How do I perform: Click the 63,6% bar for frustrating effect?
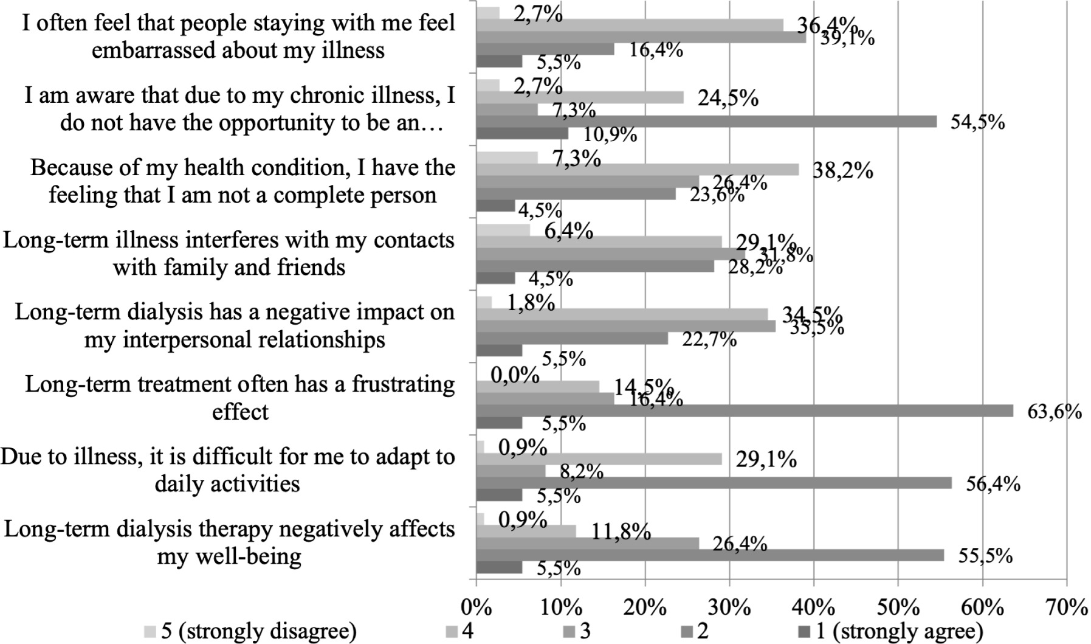744,410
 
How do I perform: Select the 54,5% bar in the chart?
706,122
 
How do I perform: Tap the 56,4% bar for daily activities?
714,483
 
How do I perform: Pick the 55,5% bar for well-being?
710,555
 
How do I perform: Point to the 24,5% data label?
728,98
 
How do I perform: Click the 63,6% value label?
1054,412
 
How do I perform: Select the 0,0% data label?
515,375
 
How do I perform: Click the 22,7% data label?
709,339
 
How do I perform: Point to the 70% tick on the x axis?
1067,608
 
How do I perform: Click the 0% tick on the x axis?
476,608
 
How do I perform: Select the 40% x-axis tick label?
814,608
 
